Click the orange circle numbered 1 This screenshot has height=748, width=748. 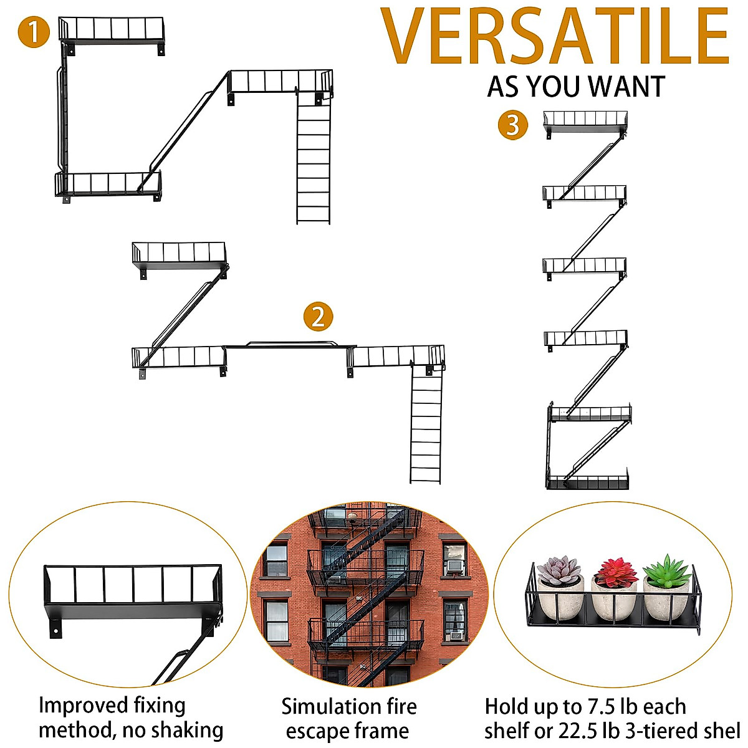click(34, 32)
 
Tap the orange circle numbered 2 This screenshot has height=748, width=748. click(318, 317)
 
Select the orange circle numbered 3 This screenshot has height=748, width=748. click(512, 125)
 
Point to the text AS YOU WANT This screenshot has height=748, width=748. click(576, 87)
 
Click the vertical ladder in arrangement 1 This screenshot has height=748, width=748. click(313, 162)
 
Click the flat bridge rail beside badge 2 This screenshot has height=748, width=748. click(290, 344)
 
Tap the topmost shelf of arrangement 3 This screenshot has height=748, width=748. click(585, 122)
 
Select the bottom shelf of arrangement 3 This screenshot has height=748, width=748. click(588, 482)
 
